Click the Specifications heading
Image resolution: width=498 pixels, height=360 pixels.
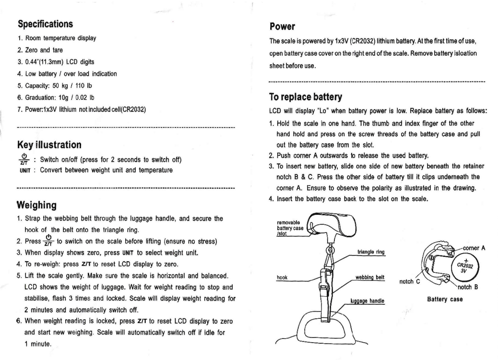(x=45, y=23)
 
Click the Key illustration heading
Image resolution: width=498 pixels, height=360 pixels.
(x=49, y=145)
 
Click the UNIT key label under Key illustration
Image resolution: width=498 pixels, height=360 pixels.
(x=24, y=170)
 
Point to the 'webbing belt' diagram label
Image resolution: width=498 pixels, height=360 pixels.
(x=371, y=277)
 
